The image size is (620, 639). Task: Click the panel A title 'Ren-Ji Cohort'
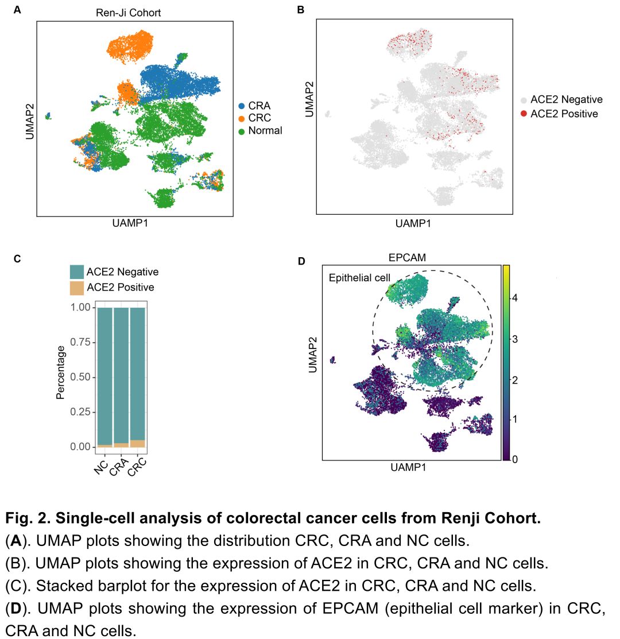click(x=128, y=12)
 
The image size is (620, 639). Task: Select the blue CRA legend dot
click(x=242, y=106)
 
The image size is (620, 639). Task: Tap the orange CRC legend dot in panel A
click(x=242, y=118)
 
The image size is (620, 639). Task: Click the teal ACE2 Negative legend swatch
click(x=76, y=272)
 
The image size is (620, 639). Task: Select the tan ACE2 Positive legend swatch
click(x=76, y=287)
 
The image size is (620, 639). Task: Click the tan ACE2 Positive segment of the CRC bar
click(x=138, y=443)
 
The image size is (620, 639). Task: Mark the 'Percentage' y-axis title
click(x=60, y=372)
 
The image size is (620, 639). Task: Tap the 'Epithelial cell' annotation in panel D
click(x=359, y=278)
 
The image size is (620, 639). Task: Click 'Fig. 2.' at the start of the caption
click(x=25, y=519)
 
